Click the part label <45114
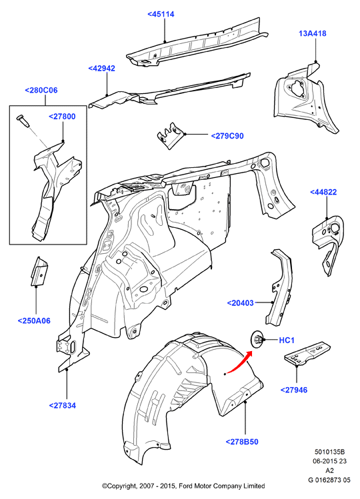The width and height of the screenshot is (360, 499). pyautogui.click(x=161, y=14)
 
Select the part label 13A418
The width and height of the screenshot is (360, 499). pyautogui.click(x=313, y=33)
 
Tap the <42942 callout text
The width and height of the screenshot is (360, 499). pyautogui.click(x=101, y=69)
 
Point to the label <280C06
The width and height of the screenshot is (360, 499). pyautogui.click(x=41, y=91)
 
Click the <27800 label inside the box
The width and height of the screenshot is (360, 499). pyautogui.click(x=62, y=117)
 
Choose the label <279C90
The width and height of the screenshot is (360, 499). pyautogui.click(x=227, y=136)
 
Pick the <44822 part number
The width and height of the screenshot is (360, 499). pyautogui.click(x=323, y=193)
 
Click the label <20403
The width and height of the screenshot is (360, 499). pyautogui.click(x=240, y=303)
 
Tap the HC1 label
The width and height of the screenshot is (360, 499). pyautogui.click(x=287, y=340)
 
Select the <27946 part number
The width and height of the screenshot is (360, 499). pyautogui.click(x=294, y=390)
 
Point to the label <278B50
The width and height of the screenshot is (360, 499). pyautogui.click(x=242, y=442)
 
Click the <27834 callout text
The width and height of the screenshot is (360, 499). pyautogui.click(x=63, y=406)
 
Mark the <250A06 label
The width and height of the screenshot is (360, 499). pyautogui.click(x=34, y=321)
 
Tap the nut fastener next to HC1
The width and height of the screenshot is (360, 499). pyautogui.click(x=257, y=339)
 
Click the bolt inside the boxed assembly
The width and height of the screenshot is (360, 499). pyautogui.click(x=22, y=121)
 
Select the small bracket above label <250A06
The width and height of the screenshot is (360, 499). pyautogui.click(x=39, y=271)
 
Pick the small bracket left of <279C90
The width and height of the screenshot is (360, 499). pyautogui.click(x=169, y=135)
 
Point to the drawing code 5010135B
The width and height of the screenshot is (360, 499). pyautogui.click(x=329, y=452)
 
